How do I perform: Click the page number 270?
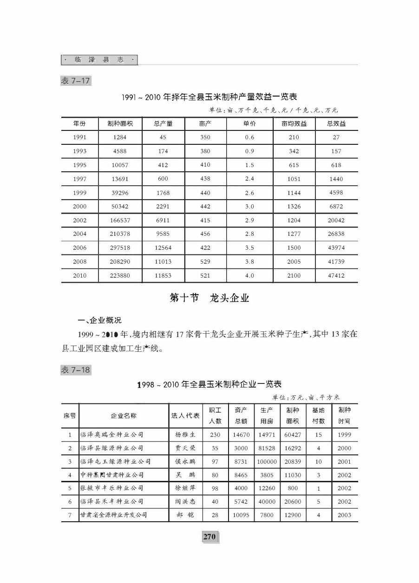209,537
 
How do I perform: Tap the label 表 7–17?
75,81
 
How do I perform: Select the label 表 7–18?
75,369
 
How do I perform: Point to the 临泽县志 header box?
99,60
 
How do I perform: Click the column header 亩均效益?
294,124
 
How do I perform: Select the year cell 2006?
80,248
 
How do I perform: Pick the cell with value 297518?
120,248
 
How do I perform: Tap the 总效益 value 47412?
336,276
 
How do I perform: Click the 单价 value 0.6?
249,137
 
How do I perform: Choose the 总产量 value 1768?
163,193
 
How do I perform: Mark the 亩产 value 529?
205,262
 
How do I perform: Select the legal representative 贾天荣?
185,448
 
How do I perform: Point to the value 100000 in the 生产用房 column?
267,462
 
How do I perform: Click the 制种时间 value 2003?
345,515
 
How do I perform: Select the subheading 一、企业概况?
100,320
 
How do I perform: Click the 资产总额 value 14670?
241,435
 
